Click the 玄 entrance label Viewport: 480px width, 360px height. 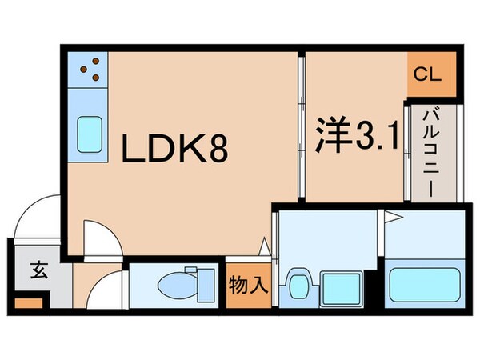pos(38,270)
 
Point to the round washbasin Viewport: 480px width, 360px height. pos(299,283)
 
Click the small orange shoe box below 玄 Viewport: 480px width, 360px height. pos(27,304)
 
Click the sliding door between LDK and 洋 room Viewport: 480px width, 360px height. pos(301,128)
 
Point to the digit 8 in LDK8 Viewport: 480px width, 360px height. pos(218,148)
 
